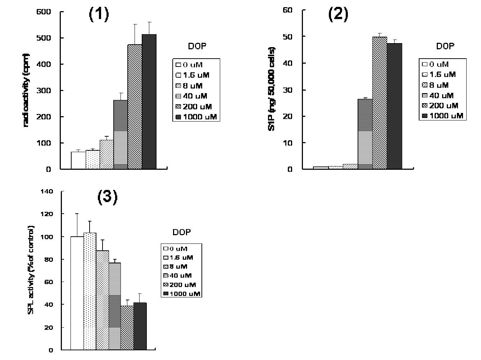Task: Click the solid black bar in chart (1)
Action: click(149, 102)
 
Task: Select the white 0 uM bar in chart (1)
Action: click(78, 160)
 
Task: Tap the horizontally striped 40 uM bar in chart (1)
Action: click(121, 135)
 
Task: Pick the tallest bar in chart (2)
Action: click(380, 103)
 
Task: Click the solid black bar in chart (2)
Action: click(394, 106)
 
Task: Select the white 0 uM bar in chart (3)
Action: click(77, 293)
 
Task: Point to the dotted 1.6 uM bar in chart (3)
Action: click(90, 291)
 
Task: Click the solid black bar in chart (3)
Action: click(140, 326)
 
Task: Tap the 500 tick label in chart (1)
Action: click(44, 38)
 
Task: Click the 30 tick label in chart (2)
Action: click(287, 90)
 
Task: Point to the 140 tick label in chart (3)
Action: click(47, 192)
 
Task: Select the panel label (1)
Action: click(99, 15)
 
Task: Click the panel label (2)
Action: click(338, 15)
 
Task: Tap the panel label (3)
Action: click(107, 197)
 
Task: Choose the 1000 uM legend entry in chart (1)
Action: click(196, 117)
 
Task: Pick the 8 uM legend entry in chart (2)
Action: click(435, 85)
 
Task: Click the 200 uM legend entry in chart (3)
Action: click(180, 285)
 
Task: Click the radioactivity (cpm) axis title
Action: click(26, 90)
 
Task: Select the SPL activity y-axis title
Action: click(31, 270)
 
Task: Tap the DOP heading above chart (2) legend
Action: click(445, 46)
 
